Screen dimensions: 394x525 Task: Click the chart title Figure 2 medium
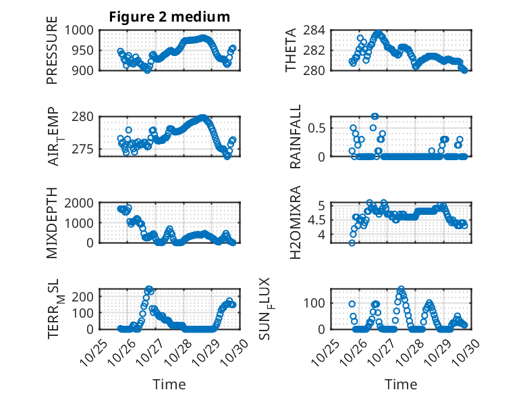click(169, 17)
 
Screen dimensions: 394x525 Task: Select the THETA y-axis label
click(291, 50)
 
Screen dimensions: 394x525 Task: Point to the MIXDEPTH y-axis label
click(52, 223)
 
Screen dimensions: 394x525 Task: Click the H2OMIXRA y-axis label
click(296, 223)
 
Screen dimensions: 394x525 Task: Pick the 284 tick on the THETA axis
click(319, 30)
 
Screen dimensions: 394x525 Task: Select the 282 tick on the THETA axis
click(319, 50)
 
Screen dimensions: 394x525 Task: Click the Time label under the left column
click(169, 384)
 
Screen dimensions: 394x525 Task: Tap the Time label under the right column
click(401, 384)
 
